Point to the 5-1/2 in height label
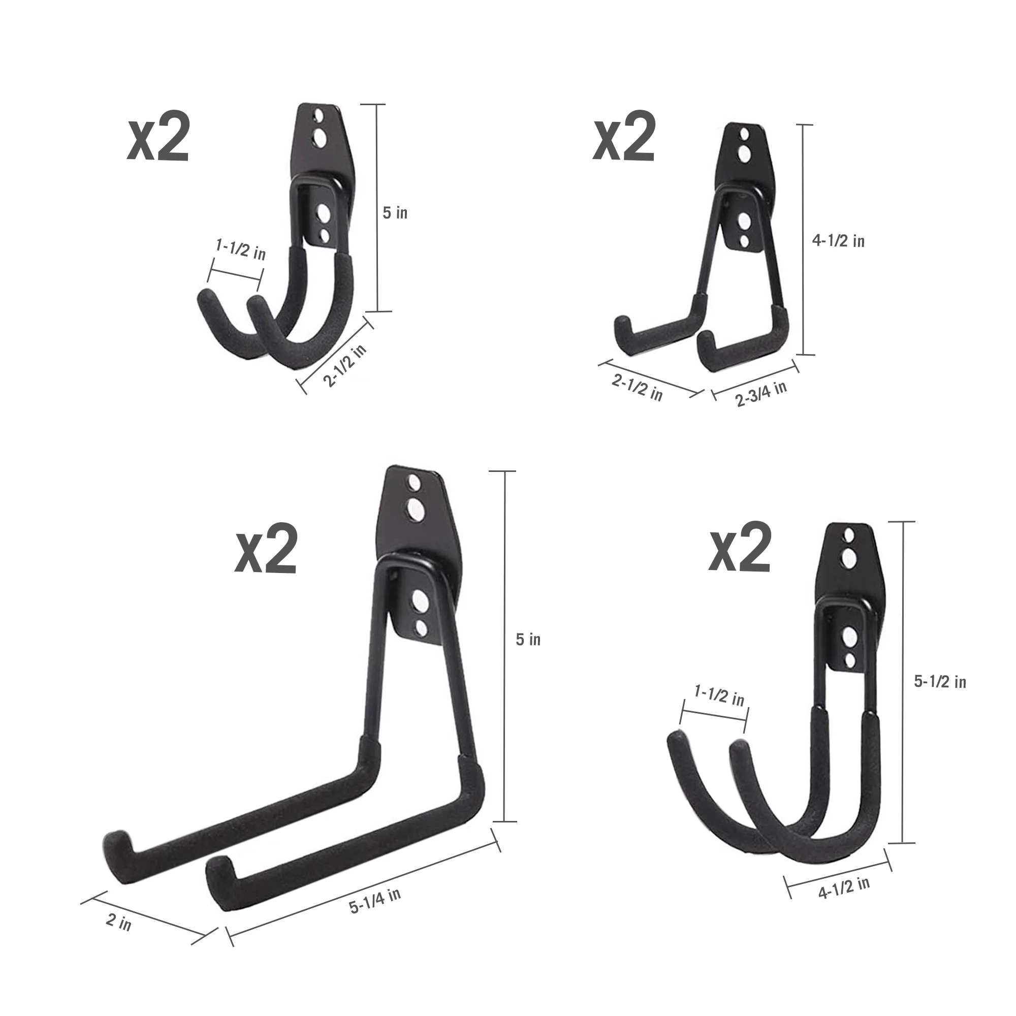940,682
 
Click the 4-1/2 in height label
838,241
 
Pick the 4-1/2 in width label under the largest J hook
843,888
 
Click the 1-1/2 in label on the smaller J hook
241,249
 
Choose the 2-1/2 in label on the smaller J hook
344,365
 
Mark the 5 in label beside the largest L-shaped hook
528,640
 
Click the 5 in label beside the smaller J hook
395,213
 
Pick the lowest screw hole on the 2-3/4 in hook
744,241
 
